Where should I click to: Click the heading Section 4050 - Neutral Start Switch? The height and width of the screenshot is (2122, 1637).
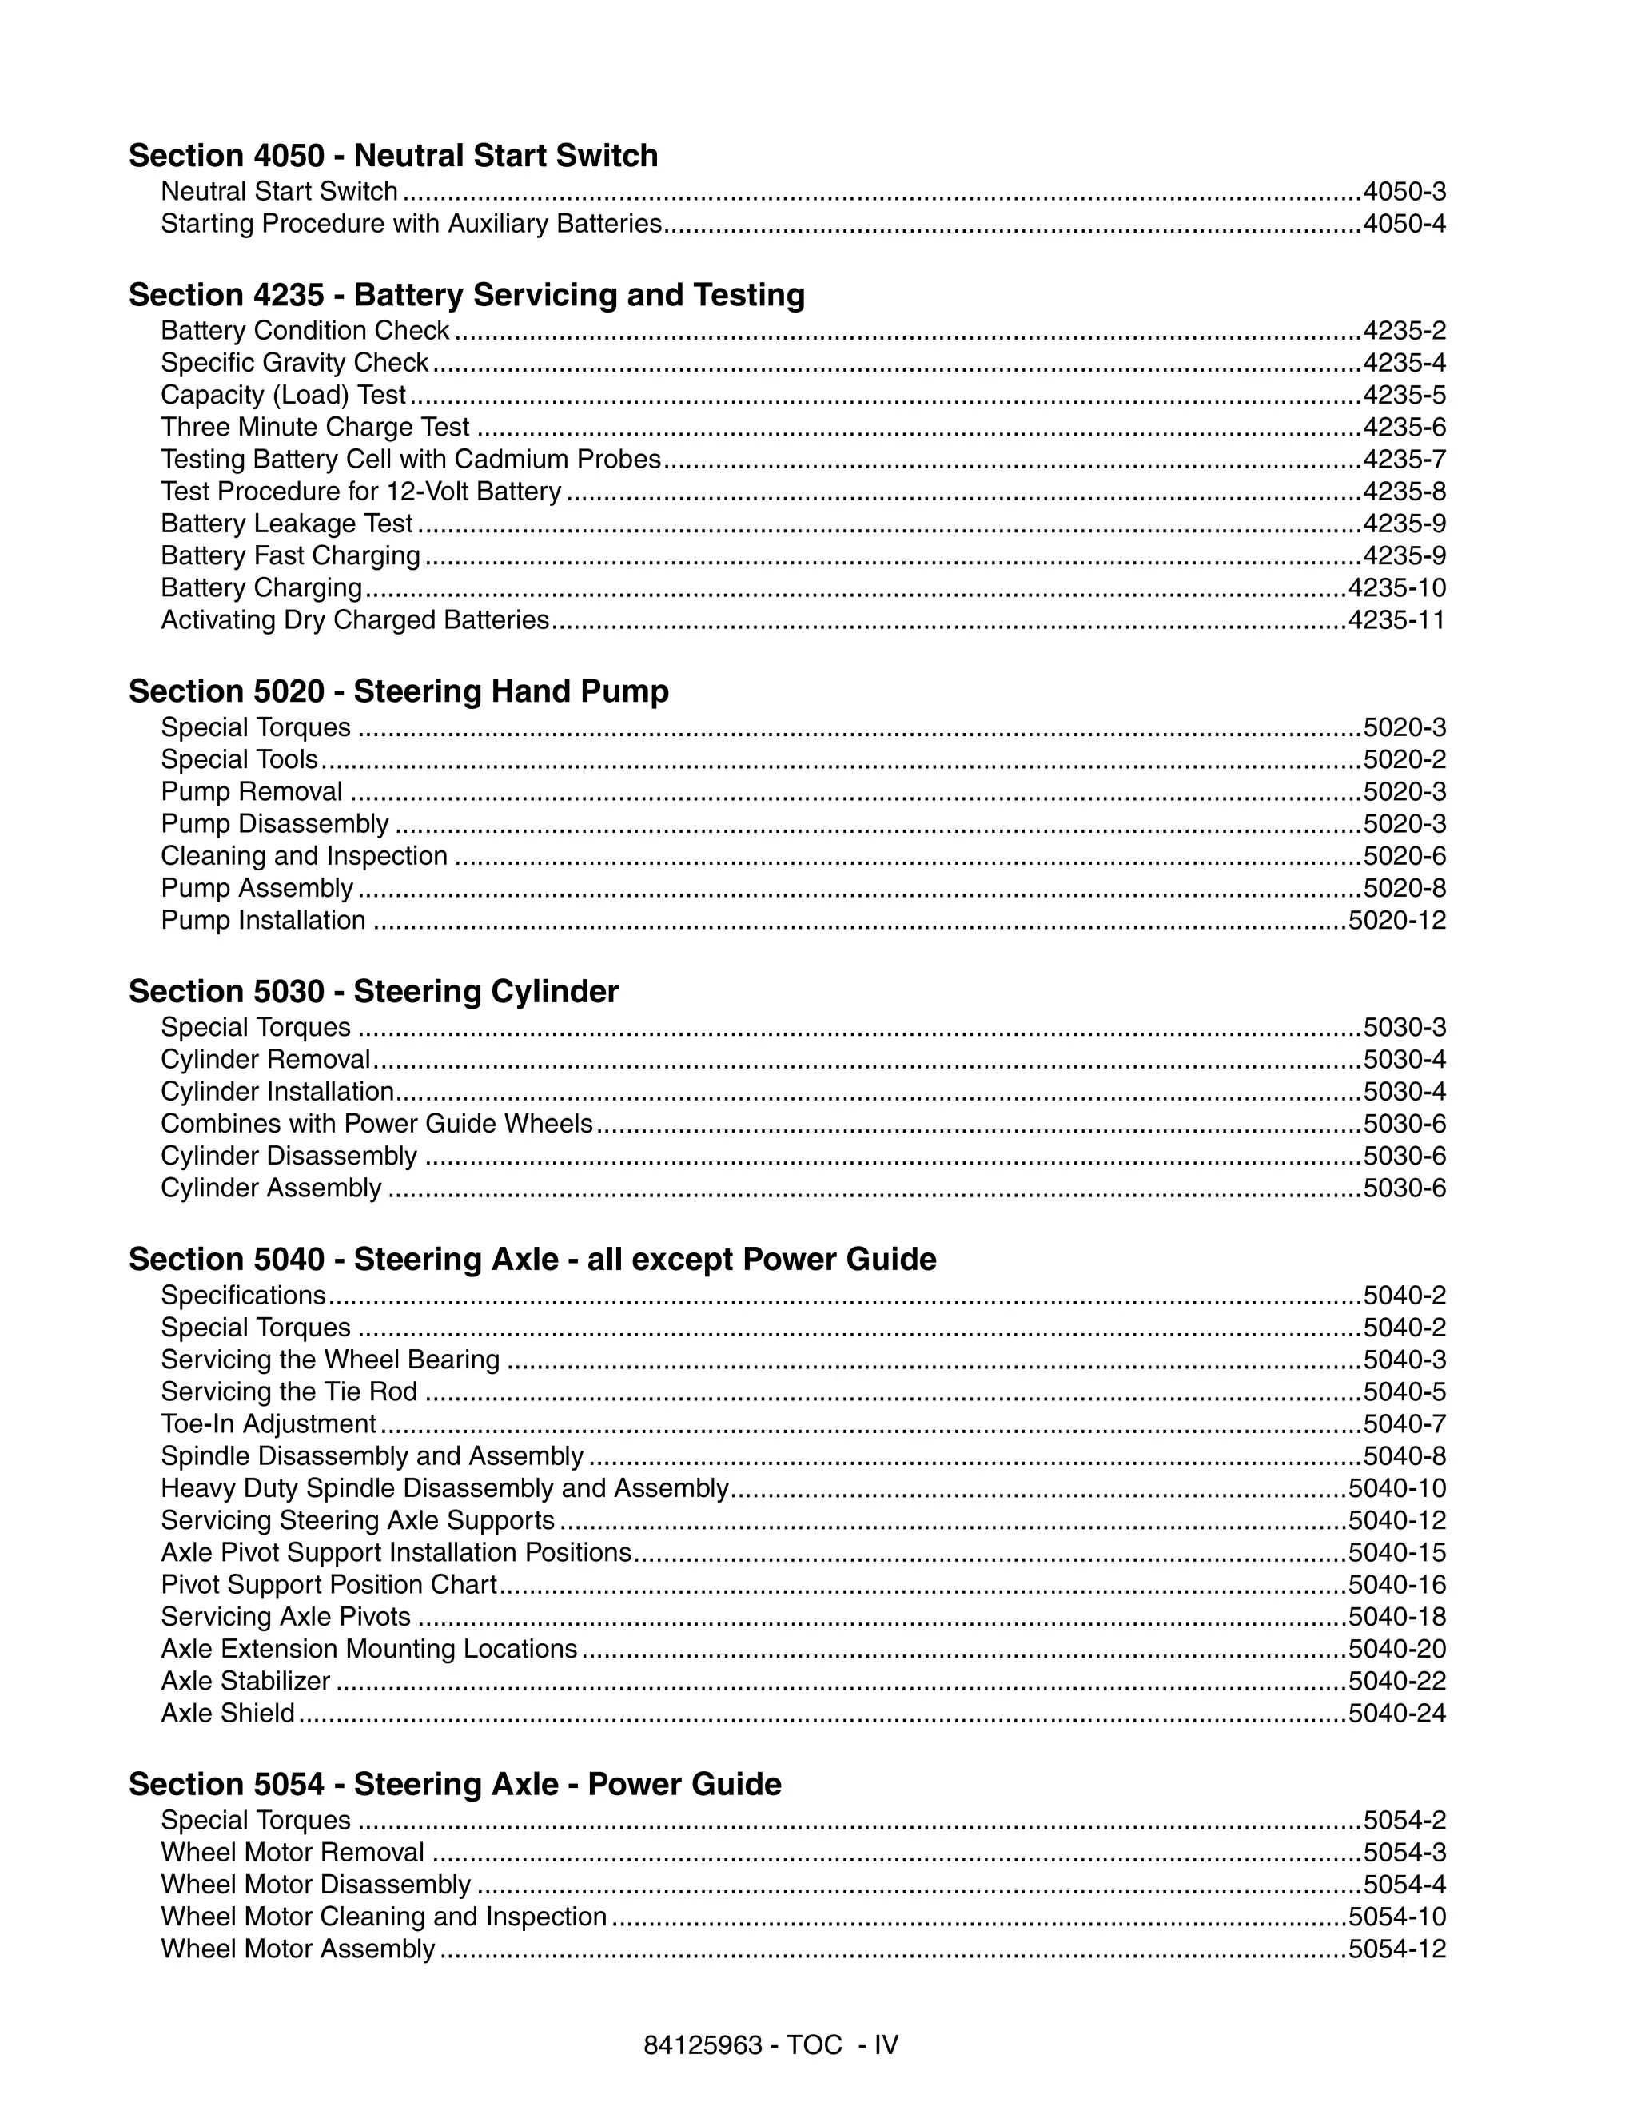coord(392,156)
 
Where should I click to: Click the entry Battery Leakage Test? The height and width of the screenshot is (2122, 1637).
coord(287,524)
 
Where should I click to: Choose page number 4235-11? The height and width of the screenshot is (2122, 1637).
coord(1397,620)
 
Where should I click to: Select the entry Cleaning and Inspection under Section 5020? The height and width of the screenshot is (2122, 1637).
coord(304,856)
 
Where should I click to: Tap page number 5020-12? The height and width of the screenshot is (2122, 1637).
coord(1397,920)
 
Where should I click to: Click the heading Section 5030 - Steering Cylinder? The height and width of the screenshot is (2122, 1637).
coord(373,991)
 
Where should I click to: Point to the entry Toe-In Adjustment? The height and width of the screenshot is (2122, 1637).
coord(268,1424)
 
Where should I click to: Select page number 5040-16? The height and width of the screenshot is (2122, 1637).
coord(1397,1585)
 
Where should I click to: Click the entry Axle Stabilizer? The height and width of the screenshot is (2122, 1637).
coord(245,1681)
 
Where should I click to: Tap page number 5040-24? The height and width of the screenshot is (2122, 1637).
coord(1397,1713)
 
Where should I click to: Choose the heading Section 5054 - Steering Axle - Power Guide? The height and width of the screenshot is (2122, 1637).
coord(455,1784)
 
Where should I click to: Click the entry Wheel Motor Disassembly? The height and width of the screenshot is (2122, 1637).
coord(316,1885)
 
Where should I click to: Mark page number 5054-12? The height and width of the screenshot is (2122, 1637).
coord(1397,1949)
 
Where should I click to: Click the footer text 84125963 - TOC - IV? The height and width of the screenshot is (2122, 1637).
coord(771,2045)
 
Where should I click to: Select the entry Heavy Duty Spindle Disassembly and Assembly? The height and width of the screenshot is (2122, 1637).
coord(444,1488)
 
